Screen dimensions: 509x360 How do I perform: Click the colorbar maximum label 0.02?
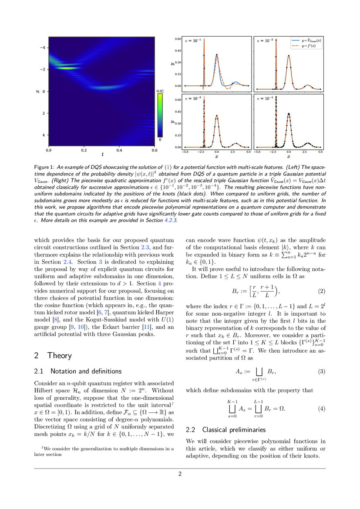(x=160, y=91)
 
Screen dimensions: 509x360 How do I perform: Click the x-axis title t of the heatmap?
(x=102, y=154)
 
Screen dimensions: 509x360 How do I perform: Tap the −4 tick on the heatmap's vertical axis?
(x=43, y=47)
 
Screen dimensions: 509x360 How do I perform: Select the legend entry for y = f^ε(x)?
(x=307, y=46)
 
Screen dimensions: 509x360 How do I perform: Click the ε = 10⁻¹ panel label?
(x=194, y=40)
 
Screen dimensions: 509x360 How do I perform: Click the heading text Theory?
(x=60, y=355)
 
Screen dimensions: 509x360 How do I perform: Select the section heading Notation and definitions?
(x=86, y=371)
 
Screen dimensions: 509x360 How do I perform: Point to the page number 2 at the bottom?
(x=180, y=474)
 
